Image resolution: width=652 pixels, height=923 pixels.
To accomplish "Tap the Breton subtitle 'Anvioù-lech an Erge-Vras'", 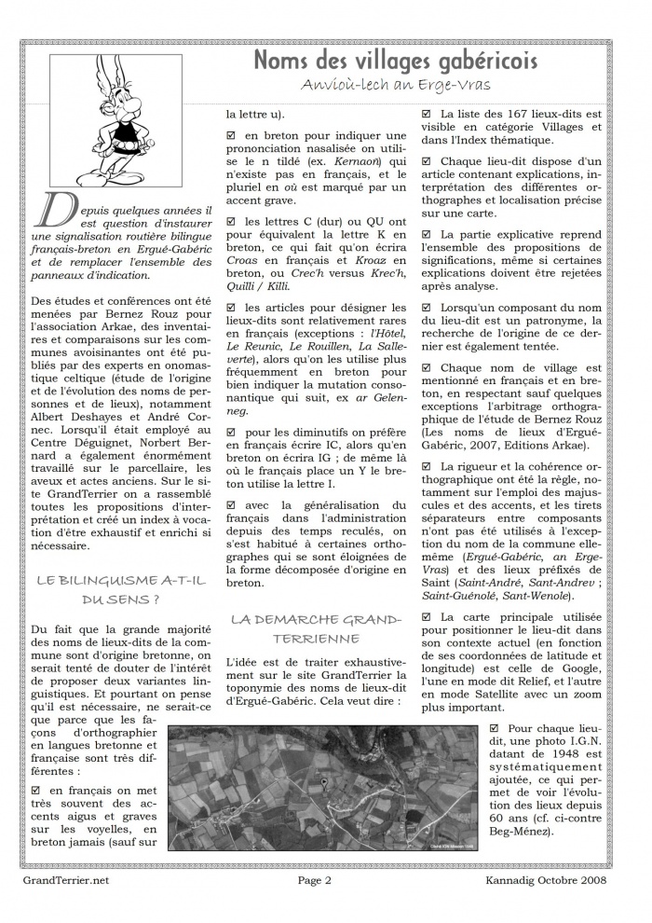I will click(410, 85).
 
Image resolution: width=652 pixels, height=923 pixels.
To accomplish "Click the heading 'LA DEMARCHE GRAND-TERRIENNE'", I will click(316, 628).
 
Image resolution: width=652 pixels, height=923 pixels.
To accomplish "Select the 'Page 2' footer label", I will click(316, 879).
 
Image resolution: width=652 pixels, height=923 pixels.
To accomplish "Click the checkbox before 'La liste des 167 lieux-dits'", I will click(427, 115).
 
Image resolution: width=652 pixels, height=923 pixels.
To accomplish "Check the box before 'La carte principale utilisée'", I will click(427, 617).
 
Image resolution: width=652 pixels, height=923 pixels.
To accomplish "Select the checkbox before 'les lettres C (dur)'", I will click(232, 222).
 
